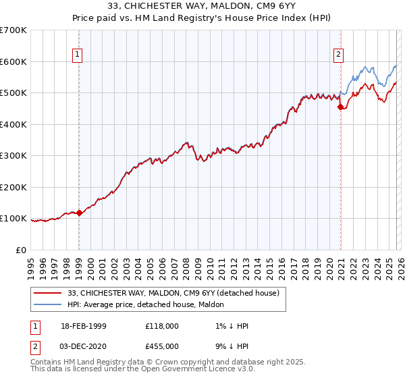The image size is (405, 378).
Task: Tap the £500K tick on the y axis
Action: coord(13,93)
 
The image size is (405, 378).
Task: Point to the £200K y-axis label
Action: coord(13,187)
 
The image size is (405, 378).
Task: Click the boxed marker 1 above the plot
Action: coord(78,55)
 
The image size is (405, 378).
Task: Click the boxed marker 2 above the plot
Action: coord(338,55)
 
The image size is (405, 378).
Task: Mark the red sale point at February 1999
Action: coord(79,213)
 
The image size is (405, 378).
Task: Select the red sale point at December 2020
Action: coord(341,107)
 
